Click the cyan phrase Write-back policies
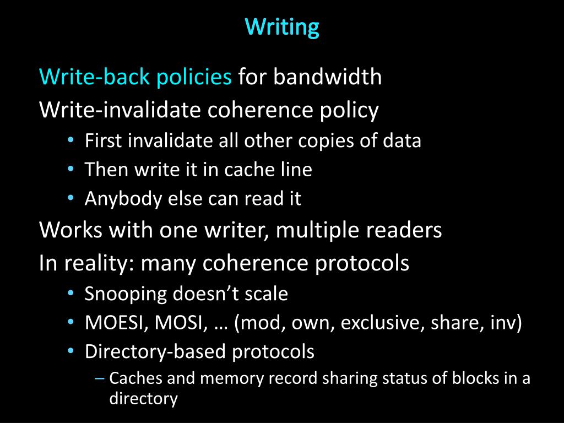pos(135,77)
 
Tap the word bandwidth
pos(328,77)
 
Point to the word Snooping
pos(126,294)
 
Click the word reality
pos(97,263)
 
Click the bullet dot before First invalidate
pos(71,140)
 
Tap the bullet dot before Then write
pos(71,169)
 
